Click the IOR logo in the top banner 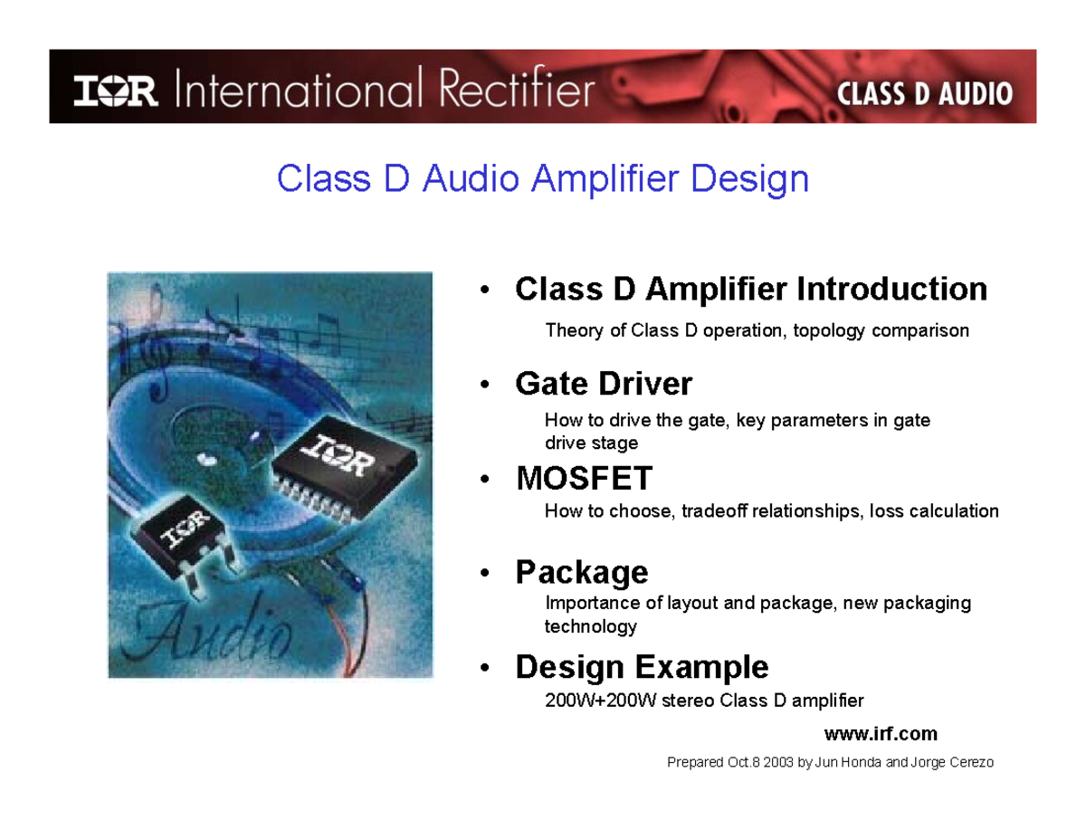(x=116, y=91)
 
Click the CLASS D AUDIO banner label (x=924, y=93)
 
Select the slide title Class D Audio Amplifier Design (x=542, y=178)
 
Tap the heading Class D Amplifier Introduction (x=751, y=290)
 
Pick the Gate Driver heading (x=604, y=384)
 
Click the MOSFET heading (x=585, y=477)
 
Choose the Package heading (x=582, y=572)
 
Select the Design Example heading (x=642, y=667)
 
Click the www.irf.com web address (x=881, y=732)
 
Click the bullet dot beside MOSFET (x=486, y=479)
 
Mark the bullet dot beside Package (x=486, y=574)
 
